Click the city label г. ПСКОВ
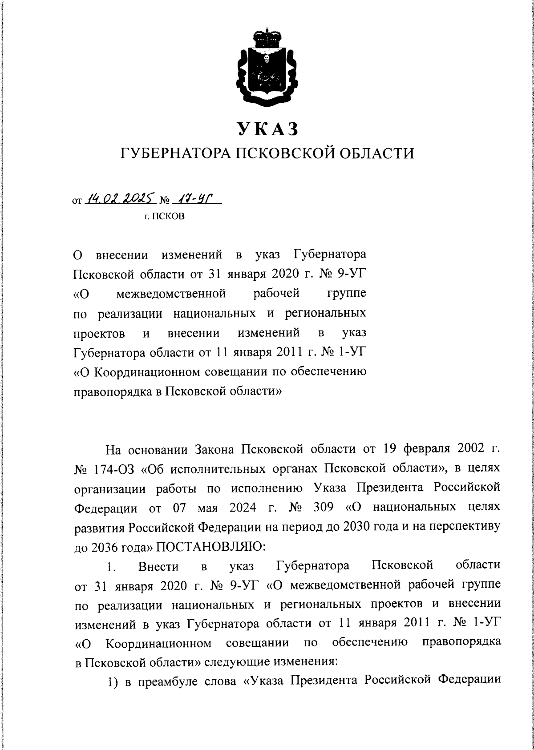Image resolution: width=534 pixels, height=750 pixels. (167, 218)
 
